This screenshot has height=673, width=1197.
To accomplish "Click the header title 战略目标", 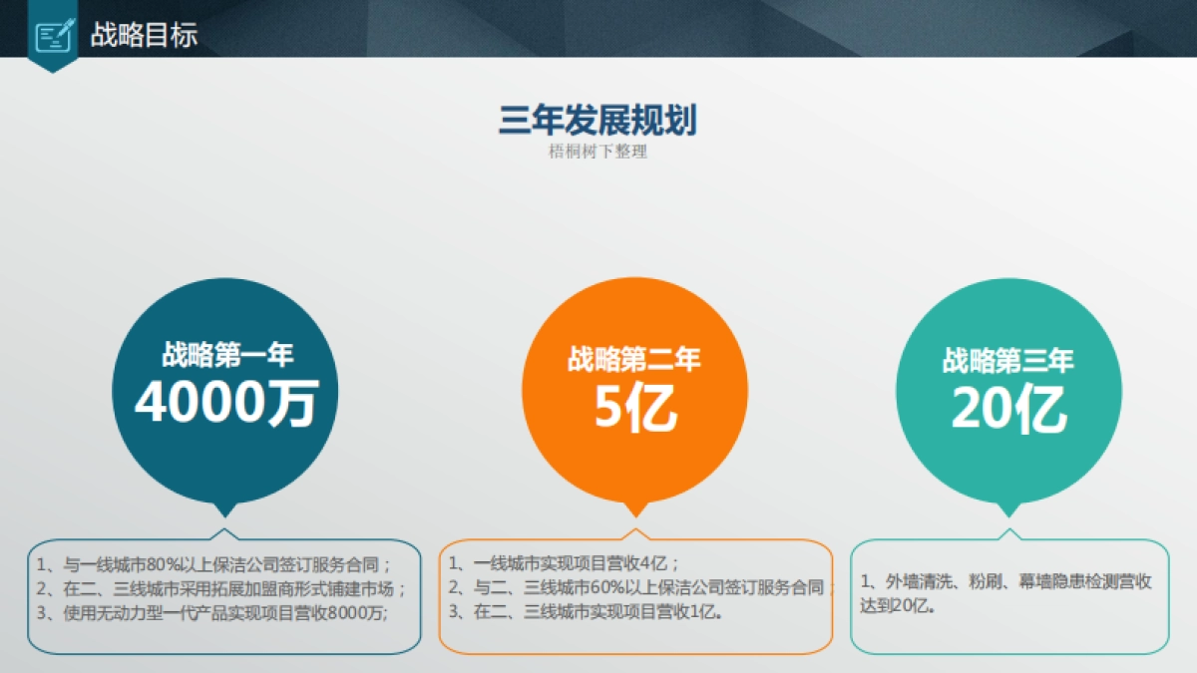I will click(x=144, y=35).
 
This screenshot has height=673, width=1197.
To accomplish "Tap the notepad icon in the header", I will click(x=53, y=37).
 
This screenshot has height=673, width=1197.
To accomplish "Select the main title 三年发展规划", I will click(x=598, y=120).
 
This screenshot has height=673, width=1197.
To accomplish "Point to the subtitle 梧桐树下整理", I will click(x=598, y=153).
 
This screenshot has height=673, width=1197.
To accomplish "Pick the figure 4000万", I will click(x=226, y=404).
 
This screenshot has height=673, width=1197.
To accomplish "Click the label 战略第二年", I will click(x=634, y=359).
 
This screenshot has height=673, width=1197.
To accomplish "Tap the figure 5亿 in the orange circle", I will click(x=635, y=407).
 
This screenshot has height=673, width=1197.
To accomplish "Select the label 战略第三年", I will click(x=1008, y=360).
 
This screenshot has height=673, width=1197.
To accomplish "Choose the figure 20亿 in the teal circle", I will click(x=1008, y=409).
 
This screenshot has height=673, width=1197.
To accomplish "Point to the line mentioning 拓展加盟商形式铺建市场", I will click(x=221, y=587).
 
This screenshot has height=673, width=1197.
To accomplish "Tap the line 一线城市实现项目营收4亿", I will click(x=564, y=561).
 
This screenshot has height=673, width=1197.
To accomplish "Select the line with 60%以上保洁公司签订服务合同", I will click(x=638, y=587).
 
